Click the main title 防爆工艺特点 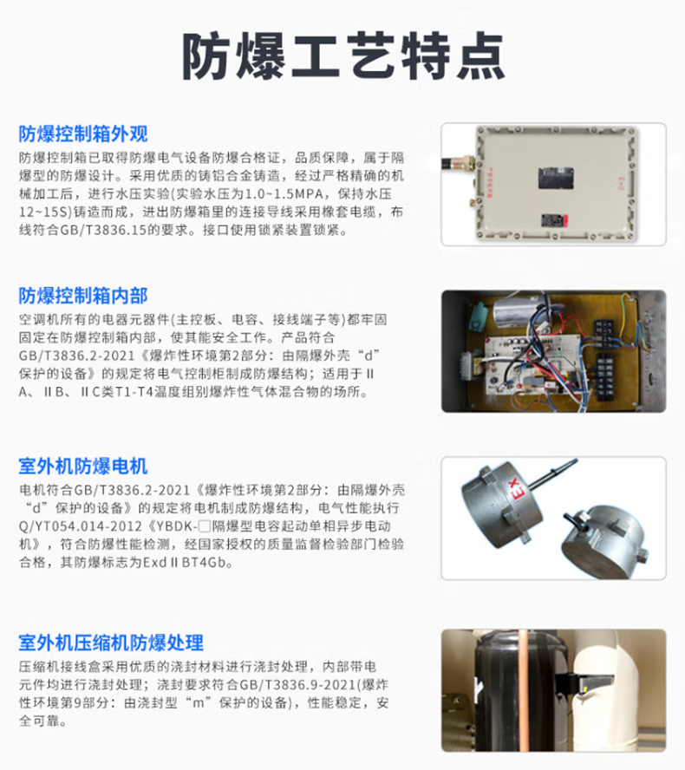[343, 56]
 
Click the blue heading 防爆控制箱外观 [83, 134]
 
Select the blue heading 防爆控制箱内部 [83, 296]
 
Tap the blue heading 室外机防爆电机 [83, 466]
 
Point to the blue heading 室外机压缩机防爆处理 [112, 643]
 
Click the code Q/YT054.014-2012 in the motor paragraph [80, 526]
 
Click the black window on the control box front [556, 178]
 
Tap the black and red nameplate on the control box [554, 220]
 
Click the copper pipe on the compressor [524, 689]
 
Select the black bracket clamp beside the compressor [584, 683]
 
